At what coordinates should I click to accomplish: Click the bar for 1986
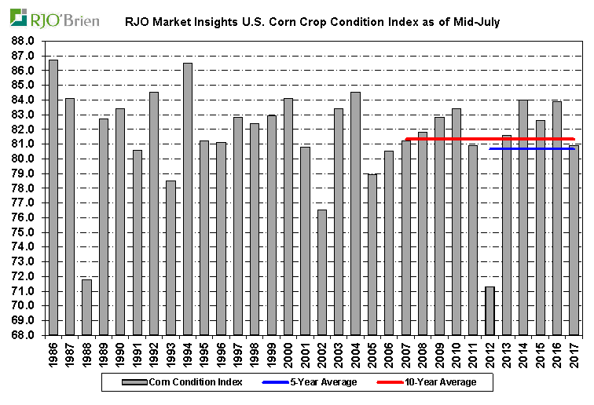(53, 197)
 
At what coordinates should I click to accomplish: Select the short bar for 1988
(86, 307)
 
